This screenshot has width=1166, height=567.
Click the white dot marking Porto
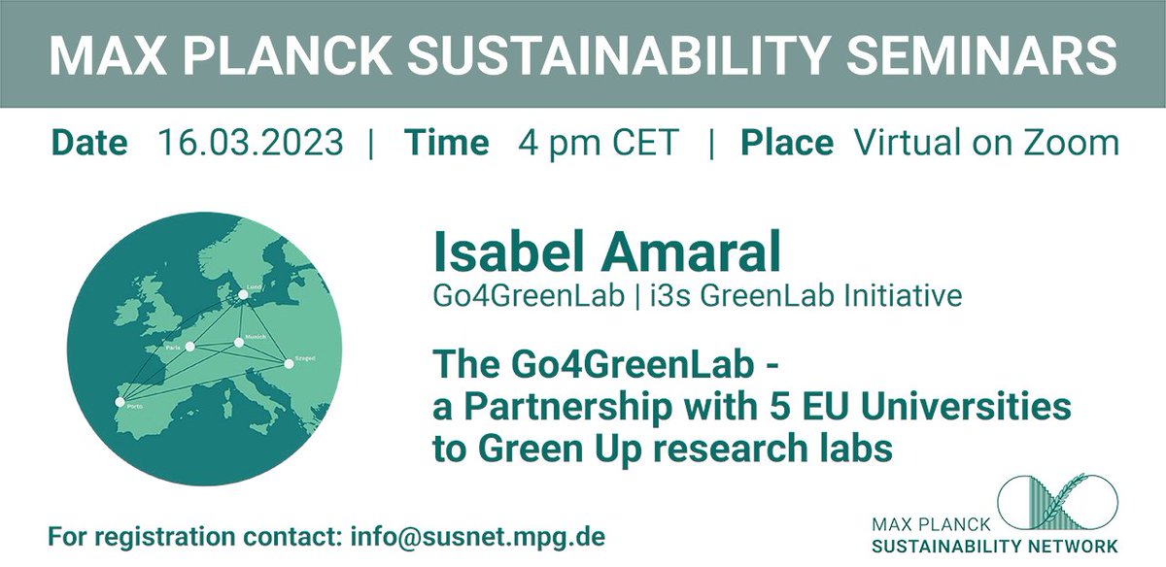(x=120, y=401)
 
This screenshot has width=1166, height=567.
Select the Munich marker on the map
(x=239, y=342)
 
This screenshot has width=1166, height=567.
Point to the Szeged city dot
(x=289, y=364)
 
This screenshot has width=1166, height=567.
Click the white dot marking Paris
(x=190, y=346)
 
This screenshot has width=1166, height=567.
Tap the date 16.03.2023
(x=250, y=144)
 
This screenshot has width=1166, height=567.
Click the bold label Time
(x=446, y=144)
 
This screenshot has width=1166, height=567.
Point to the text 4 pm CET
(x=598, y=144)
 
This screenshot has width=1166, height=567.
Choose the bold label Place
(x=787, y=144)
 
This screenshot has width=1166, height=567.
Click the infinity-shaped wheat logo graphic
(x=1065, y=502)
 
